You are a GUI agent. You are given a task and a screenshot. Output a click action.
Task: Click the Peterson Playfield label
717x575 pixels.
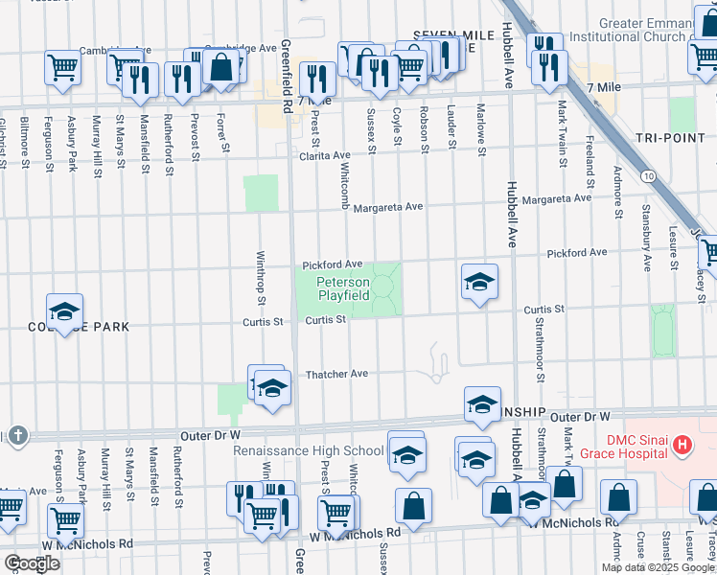coord(343,289)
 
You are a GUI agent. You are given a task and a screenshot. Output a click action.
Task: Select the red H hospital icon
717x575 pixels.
coord(682,445)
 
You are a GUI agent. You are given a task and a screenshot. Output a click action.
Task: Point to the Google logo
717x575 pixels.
coord(32,563)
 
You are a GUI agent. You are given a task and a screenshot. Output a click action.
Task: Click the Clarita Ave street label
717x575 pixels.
coord(324,155)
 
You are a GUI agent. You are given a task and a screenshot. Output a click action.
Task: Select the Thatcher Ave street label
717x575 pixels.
coord(336,374)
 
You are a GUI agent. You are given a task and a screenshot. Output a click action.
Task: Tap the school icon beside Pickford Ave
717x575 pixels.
coord(479,282)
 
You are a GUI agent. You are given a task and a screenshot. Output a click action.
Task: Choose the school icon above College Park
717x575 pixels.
coord(64,311)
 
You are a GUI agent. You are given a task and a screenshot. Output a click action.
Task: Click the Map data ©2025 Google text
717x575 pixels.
coord(658,567)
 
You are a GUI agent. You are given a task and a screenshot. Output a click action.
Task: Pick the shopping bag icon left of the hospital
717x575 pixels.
coord(618,496)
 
